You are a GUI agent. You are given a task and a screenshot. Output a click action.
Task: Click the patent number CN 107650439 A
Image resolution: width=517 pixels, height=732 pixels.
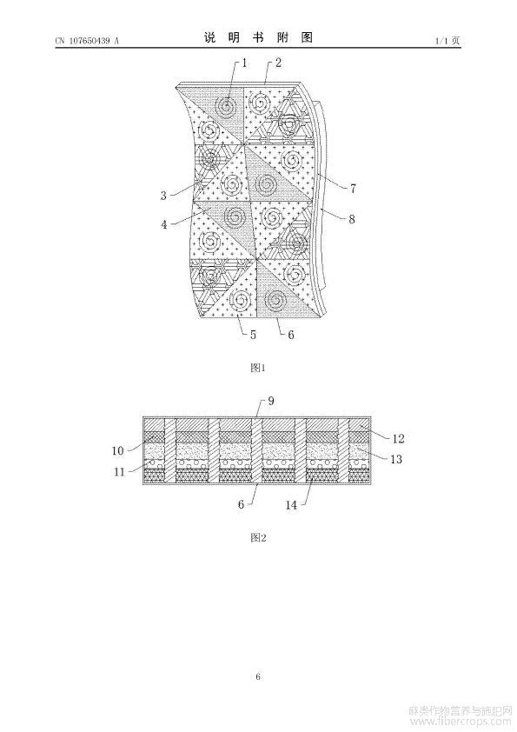(x=87, y=41)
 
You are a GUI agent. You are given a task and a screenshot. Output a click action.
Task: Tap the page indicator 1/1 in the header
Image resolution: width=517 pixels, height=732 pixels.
(x=441, y=41)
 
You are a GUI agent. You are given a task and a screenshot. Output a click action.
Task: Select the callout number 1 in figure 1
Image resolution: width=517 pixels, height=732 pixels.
(x=244, y=63)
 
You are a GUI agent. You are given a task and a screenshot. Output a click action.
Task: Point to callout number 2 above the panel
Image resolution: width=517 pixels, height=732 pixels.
(x=278, y=63)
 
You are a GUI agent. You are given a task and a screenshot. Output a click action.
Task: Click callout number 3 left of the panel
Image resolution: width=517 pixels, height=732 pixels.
(x=163, y=196)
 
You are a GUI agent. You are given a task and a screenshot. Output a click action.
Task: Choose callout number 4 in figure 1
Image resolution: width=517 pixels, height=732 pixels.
(x=163, y=224)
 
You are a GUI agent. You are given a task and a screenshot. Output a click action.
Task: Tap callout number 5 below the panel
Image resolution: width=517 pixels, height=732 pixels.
(x=253, y=335)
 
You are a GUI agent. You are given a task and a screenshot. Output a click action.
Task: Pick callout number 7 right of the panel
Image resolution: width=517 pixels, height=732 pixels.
(x=354, y=189)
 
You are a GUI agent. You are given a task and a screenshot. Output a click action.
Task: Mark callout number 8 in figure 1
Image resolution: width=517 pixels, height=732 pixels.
(x=352, y=218)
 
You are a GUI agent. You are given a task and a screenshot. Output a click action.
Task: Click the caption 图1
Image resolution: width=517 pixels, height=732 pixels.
(x=258, y=368)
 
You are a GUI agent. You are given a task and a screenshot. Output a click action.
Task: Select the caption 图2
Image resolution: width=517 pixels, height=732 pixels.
(x=258, y=537)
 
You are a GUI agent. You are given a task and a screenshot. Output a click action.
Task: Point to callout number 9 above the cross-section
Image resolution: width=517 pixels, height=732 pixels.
(x=270, y=401)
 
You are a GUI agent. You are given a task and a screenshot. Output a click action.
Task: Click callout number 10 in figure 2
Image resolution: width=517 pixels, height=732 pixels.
(x=117, y=450)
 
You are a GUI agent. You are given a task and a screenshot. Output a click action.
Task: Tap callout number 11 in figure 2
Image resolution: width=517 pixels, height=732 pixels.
(x=120, y=472)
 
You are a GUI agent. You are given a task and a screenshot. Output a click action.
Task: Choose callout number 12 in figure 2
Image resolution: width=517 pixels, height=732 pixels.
(x=398, y=438)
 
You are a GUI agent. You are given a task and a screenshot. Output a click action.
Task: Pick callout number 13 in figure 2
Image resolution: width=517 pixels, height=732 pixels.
(x=396, y=459)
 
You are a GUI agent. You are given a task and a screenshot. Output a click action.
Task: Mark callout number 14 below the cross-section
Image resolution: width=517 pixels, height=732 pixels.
(x=291, y=504)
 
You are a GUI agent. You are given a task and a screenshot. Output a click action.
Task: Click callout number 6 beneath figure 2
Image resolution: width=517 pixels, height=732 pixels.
(x=242, y=504)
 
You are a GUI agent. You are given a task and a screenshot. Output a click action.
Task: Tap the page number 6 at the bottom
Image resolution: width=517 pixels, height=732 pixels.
(x=258, y=676)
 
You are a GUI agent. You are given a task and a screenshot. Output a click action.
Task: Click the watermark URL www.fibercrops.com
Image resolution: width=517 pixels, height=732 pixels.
(x=461, y=723)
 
